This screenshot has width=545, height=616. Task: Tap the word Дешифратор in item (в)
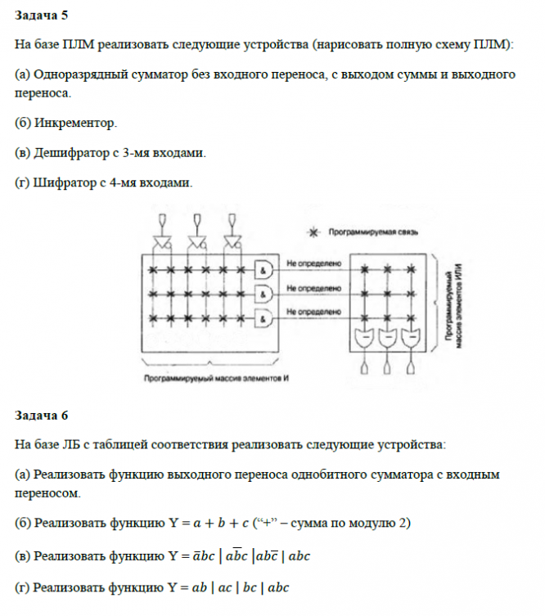click(69, 153)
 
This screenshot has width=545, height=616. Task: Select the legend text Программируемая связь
click(373, 232)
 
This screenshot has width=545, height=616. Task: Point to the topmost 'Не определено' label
click(308, 264)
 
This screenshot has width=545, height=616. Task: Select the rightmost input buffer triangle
click(231, 240)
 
